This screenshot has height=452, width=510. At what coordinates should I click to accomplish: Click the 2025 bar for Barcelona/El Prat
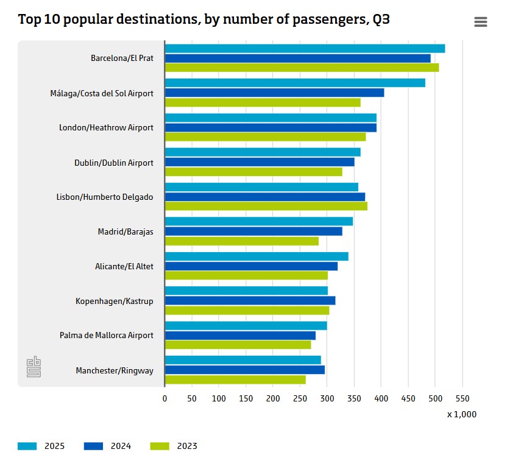(x=305, y=49)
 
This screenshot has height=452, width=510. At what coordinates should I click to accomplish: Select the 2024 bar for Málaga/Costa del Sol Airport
(x=274, y=93)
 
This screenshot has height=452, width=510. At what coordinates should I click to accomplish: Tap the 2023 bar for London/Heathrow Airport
(x=265, y=137)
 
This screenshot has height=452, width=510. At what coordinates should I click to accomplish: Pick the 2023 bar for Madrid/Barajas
(x=241, y=241)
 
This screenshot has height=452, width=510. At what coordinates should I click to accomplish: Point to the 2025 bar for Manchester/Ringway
(x=243, y=360)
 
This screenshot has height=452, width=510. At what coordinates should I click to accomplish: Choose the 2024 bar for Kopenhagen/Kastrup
(x=250, y=300)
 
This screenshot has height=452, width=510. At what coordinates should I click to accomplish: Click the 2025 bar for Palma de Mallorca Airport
(x=246, y=325)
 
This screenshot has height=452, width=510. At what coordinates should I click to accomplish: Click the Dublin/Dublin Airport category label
(x=114, y=163)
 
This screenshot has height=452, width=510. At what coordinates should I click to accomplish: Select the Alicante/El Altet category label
(x=124, y=266)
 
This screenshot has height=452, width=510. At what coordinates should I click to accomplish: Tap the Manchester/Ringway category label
(x=115, y=370)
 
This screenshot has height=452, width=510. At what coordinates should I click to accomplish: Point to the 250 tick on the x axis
(x=300, y=398)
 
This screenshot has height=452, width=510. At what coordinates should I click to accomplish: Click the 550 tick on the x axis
(x=462, y=398)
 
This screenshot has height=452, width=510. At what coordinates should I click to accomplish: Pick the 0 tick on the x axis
(x=165, y=398)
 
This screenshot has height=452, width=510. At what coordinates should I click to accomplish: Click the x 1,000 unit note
(x=461, y=414)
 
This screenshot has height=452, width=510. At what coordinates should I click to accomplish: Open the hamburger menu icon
(x=480, y=22)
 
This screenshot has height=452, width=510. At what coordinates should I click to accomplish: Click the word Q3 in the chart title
(x=381, y=19)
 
